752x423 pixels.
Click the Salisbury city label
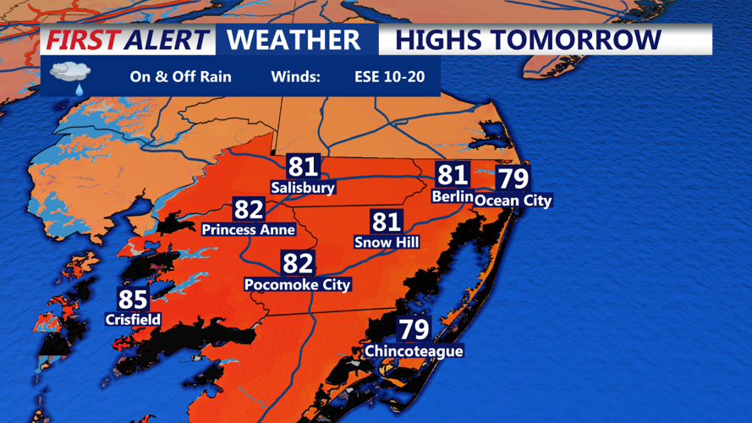(303, 188)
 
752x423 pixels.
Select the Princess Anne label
(249, 230)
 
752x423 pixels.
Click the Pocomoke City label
(297, 285)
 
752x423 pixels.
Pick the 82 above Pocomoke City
(297, 264)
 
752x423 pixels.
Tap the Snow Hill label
(387, 243)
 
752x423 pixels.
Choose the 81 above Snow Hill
(387, 222)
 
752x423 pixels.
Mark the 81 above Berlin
(452, 176)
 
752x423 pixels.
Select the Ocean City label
(513, 201)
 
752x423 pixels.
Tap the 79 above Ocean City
(513, 179)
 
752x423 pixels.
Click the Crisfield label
(133, 320)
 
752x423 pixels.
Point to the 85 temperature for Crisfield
(133, 299)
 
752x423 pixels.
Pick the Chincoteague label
(414, 351)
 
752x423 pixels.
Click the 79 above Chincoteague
(414, 329)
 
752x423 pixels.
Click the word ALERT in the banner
(166, 40)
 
